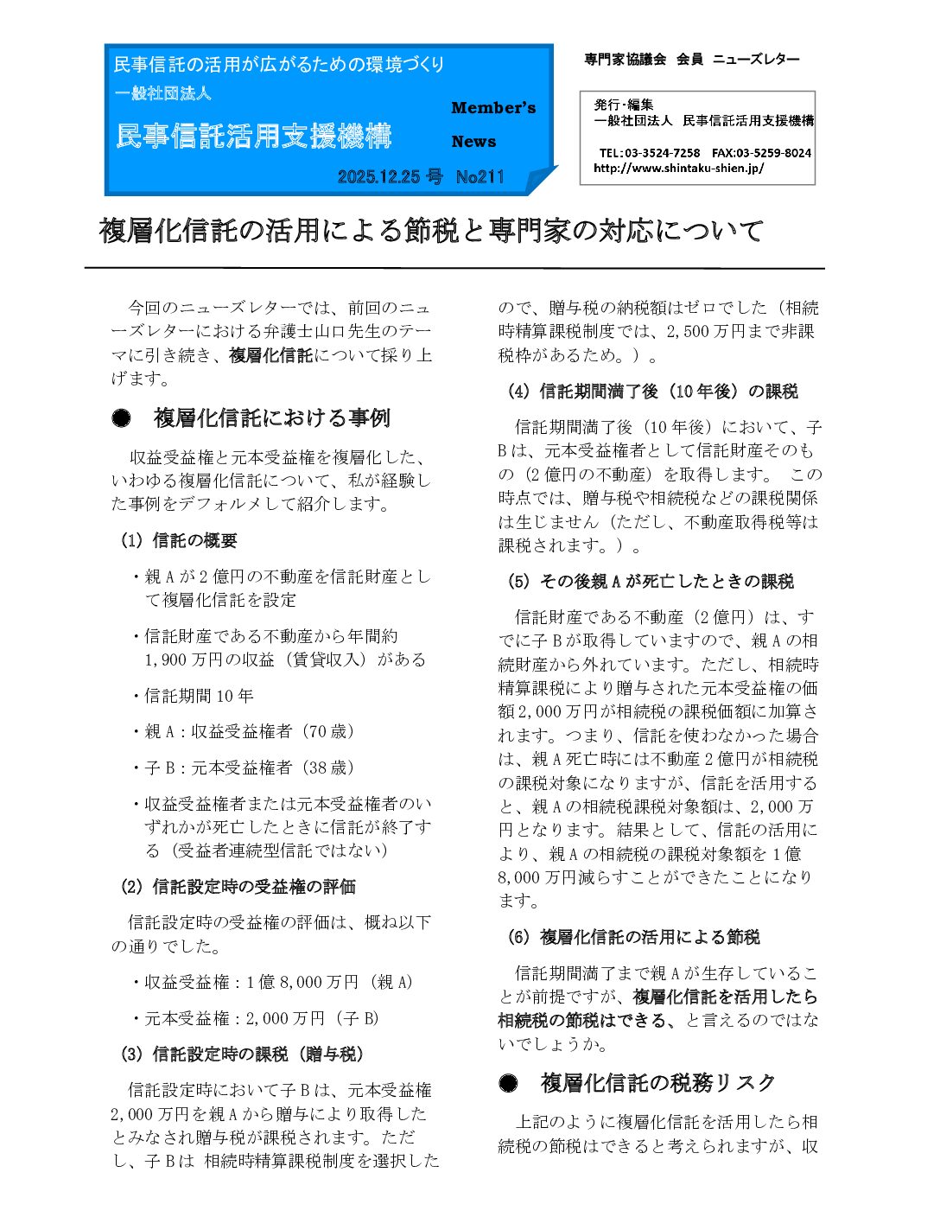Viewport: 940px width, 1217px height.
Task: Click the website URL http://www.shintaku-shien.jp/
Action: pos(678,169)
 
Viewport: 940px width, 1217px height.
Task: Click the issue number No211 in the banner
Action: pos(480,177)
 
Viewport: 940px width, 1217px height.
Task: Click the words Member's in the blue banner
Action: pos(493,108)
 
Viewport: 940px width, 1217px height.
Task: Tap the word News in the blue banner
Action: pos(473,142)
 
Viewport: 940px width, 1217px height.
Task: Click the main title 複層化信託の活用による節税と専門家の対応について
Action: pos(431,231)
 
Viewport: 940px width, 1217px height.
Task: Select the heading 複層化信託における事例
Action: pos(271,418)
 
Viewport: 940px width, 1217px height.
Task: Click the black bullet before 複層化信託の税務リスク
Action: pos(508,1083)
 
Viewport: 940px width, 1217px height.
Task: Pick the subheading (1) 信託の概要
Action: pos(179,541)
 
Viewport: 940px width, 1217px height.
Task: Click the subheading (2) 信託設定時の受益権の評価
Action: pos(238,887)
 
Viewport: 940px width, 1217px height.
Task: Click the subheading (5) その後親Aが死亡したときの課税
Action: pos(650,582)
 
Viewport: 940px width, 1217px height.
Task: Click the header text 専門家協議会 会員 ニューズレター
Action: pos(691,60)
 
